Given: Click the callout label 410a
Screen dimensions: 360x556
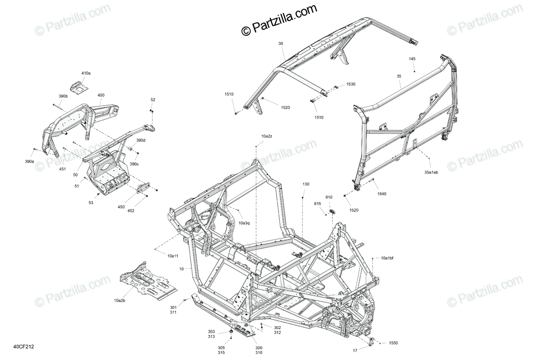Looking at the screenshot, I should pyautogui.click(x=86, y=73).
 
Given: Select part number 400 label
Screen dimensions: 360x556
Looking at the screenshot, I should pyautogui.click(x=101, y=95).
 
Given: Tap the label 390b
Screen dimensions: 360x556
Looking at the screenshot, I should pyautogui.click(x=63, y=96).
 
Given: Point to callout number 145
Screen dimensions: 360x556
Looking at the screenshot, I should pyautogui.click(x=412, y=59).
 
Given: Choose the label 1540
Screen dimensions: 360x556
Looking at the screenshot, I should pyautogui.click(x=381, y=194).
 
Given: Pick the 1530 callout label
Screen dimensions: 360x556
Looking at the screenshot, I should pyautogui.click(x=351, y=84).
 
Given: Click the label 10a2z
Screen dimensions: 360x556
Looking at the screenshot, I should pyautogui.click(x=266, y=136).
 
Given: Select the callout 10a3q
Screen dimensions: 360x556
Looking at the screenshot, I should pyautogui.click(x=244, y=223).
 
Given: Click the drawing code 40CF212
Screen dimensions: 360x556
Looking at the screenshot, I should pyautogui.click(x=24, y=346).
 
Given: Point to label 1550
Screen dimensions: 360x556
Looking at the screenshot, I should pyautogui.click(x=393, y=343).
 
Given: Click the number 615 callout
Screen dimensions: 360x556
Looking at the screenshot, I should pyautogui.click(x=317, y=204).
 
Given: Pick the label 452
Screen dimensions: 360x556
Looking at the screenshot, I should pyautogui.click(x=131, y=211).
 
